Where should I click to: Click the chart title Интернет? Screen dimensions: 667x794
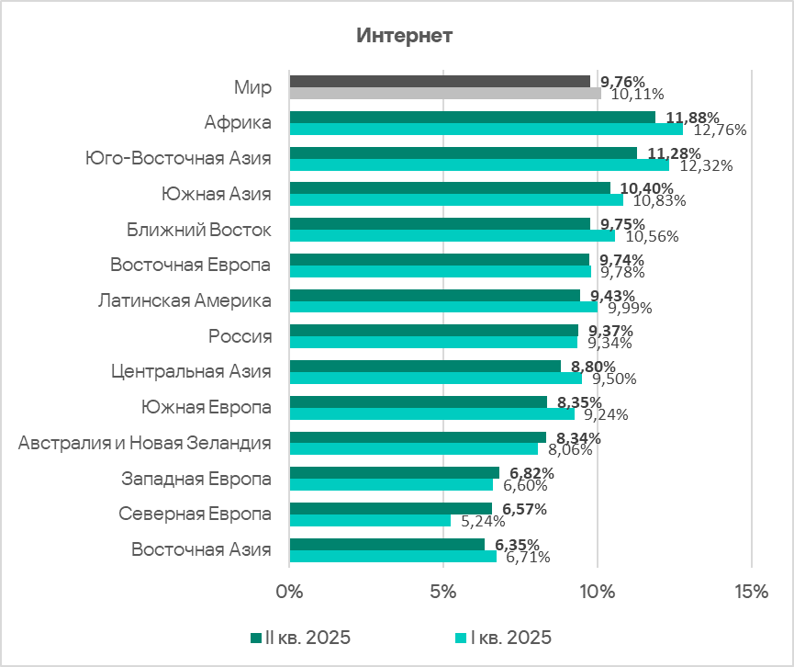[404, 36]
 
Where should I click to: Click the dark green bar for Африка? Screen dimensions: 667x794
[472, 117]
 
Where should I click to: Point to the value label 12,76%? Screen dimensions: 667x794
[721, 130]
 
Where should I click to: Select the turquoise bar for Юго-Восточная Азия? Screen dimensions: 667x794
[478, 164]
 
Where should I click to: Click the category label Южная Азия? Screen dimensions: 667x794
[216, 194]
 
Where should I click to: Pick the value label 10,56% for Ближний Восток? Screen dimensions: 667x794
[652, 236]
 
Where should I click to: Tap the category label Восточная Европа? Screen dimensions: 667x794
[191, 266]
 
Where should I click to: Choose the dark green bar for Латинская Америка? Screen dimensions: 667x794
[434, 295]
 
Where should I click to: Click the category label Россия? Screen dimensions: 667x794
[240, 336]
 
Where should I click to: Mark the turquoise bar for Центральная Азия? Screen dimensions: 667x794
[435, 378]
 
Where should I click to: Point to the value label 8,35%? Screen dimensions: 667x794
[575, 402]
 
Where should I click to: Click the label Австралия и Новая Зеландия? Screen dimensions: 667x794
[145, 444]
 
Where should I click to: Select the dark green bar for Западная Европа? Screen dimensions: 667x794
[394, 472]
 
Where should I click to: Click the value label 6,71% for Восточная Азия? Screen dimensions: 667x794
[528, 557]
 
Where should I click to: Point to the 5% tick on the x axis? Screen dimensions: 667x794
[443, 592]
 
